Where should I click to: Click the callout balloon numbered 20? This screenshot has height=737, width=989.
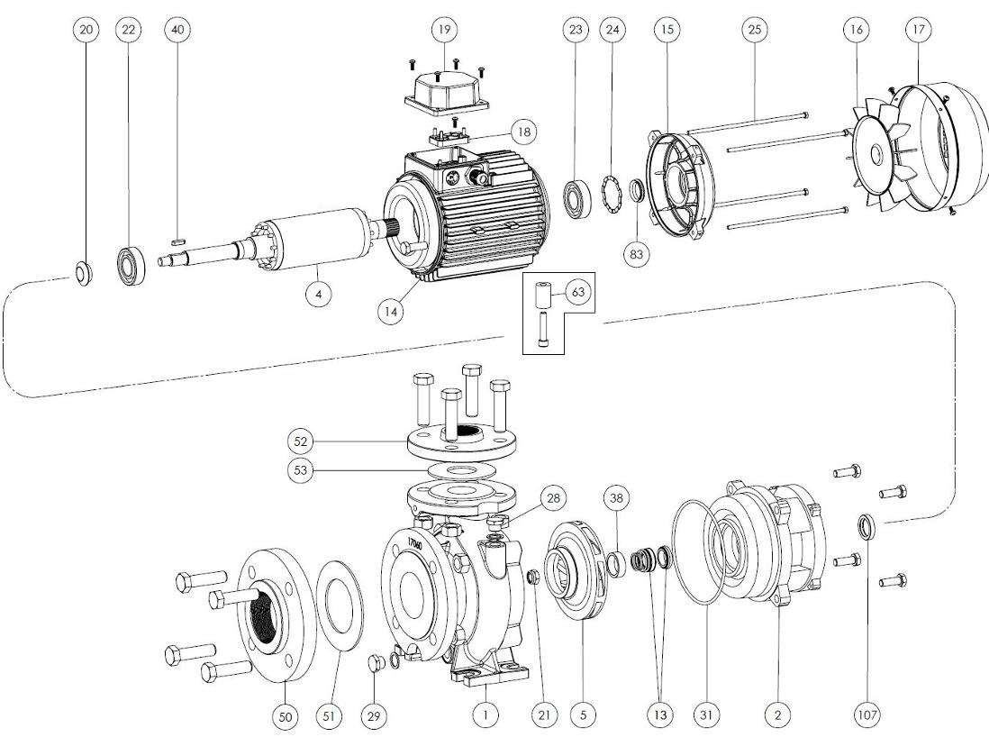86,30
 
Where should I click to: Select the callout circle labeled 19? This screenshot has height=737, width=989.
443,30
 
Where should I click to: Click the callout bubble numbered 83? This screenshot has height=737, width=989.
638,253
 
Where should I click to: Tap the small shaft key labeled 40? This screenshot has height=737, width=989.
177,241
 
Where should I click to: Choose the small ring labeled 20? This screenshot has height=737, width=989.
84,272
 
